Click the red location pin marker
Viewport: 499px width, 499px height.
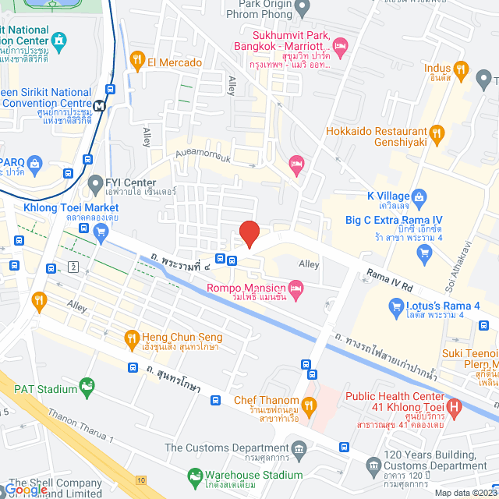tap(249, 234)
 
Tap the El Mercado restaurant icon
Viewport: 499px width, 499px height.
tap(137, 61)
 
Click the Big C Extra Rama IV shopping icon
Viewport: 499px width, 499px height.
tap(424, 250)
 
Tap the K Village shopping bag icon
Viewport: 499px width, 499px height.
tap(419, 196)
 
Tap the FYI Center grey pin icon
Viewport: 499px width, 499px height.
tap(95, 184)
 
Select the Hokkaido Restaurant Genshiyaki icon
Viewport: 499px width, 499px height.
tap(437, 133)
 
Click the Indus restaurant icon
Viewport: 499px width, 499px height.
tap(461, 73)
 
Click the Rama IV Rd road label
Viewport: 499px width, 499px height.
tap(388, 277)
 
